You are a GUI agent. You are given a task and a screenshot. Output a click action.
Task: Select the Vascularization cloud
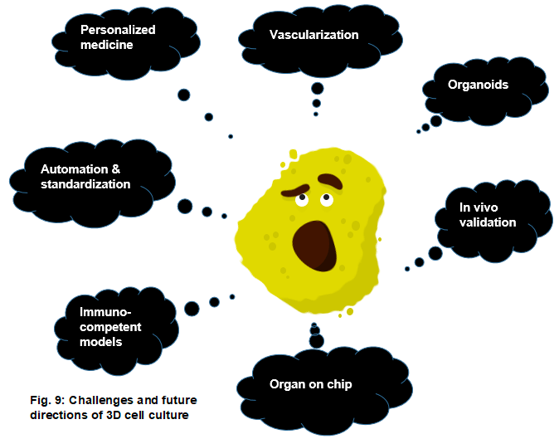pos(313,37)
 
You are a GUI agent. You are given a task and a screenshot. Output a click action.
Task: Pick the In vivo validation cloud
pos(489,214)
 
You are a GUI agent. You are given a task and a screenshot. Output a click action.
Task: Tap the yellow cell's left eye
pos(299,199)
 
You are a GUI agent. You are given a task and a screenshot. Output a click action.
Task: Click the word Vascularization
pos(314,35)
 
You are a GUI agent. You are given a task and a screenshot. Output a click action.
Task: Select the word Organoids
pos(478,85)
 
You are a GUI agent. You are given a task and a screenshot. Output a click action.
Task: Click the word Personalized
pos(118,30)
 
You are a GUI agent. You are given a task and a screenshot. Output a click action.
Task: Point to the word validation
pos(489,222)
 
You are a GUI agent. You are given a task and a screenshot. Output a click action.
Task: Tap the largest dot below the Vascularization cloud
pos(317,88)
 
